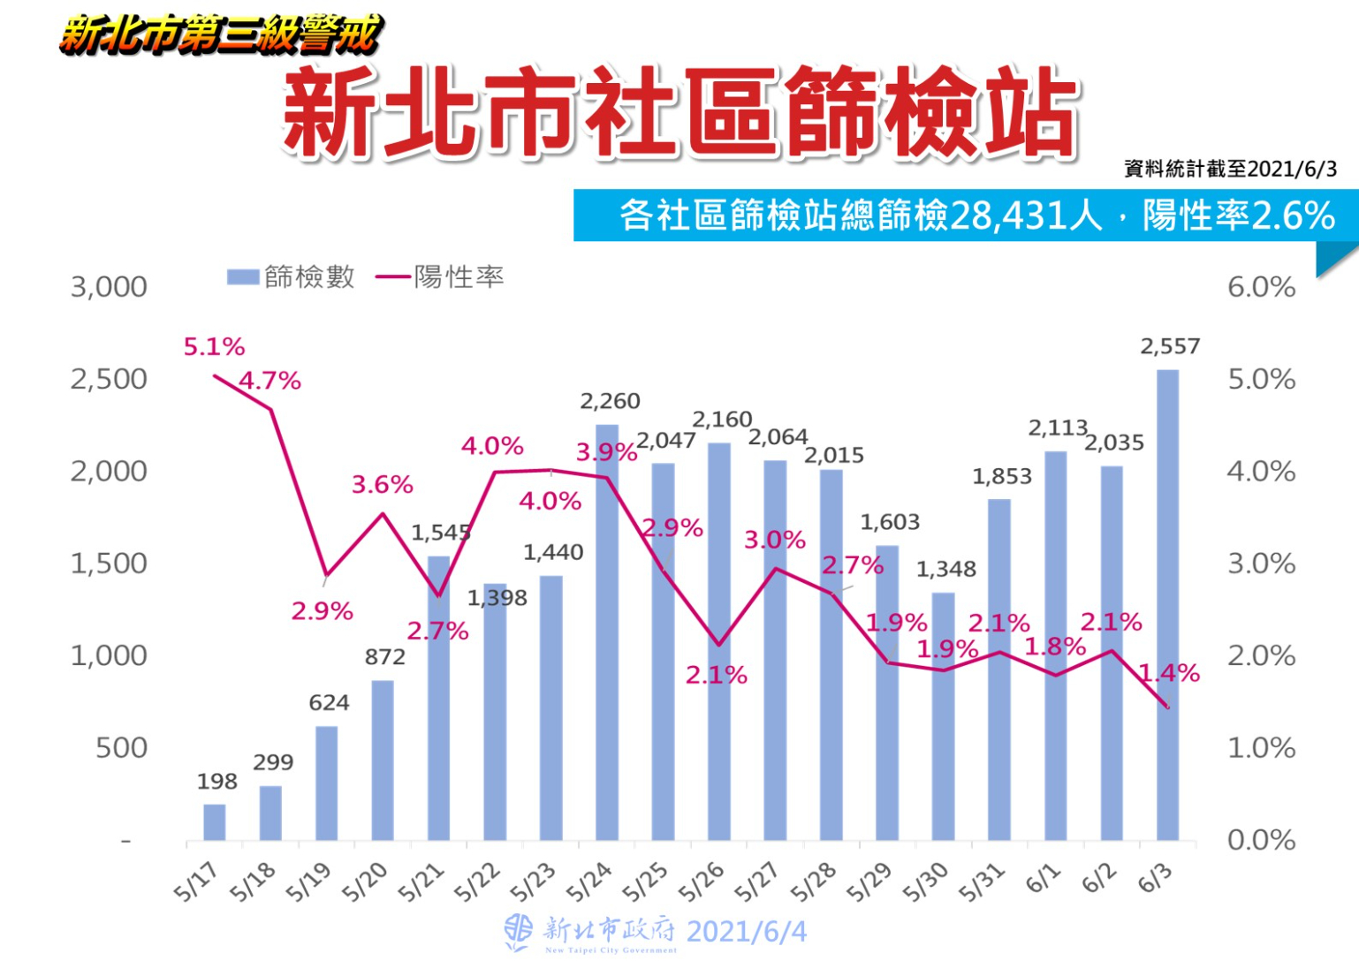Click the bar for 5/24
click(x=607, y=632)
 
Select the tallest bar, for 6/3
click(x=1167, y=604)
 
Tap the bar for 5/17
click(x=215, y=821)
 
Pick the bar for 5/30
click(x=943, y=715)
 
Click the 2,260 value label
click(x=610, y=402)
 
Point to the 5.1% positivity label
click(x=214, y=347)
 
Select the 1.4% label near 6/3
click(x=1169, y=674)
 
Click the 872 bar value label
click(x=384, y=657)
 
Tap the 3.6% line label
click(x=382, y=485)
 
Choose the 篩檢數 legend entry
click(x=292, y=277)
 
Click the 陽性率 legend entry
click(x=440, y=277)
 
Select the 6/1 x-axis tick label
click(x=1043, y=878)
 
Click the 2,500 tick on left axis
click(x=109, y=380)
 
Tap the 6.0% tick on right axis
click(x=1261, y=288)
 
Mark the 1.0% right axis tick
click(x=1261, y=748)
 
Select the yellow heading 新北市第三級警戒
click(x=221, y=35)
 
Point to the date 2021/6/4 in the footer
click(x=746, y=932)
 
